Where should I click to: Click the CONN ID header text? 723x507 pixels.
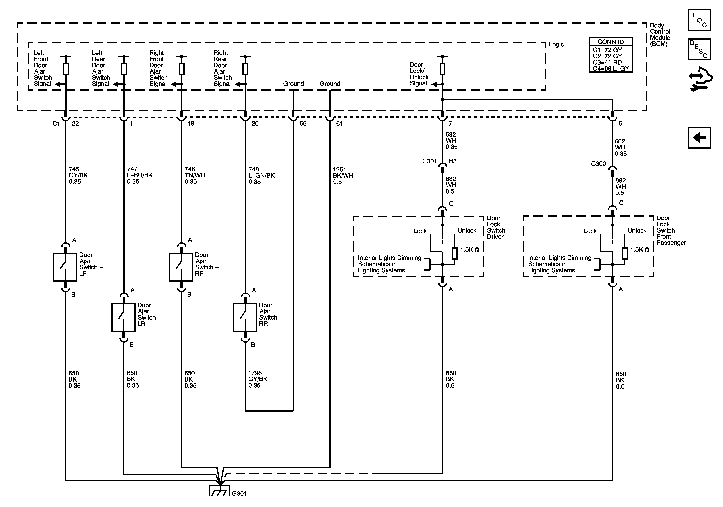(611, 42)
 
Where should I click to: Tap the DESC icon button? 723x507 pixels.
(699, 49)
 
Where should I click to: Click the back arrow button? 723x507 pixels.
(699, 138)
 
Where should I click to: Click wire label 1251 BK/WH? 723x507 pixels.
(343, 175)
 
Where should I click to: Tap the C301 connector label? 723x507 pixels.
(429, 161)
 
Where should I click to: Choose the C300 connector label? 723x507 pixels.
(598, 164)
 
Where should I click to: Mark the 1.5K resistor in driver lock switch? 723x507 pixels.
(454, 253)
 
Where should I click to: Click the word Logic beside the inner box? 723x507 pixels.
(556, 44)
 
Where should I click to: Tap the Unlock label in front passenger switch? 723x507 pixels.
(637, 230)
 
